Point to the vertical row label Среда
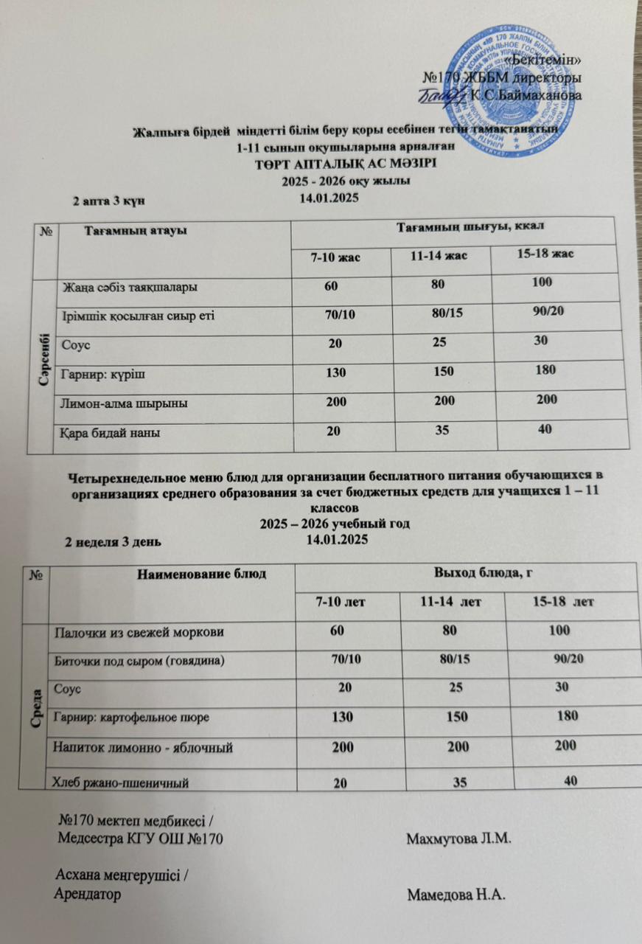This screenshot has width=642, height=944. (35, 706)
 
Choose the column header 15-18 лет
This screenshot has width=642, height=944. (563, 603)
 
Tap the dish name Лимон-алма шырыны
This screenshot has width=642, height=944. (125, 404)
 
